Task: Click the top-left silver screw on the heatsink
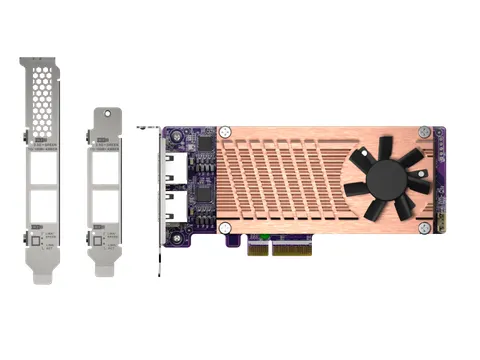click(x=226, y=131)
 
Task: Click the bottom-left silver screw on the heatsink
click(x=226, y=229)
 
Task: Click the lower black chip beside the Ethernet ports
click(x=203, y=191)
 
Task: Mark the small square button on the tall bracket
click(x=35, y=241)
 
